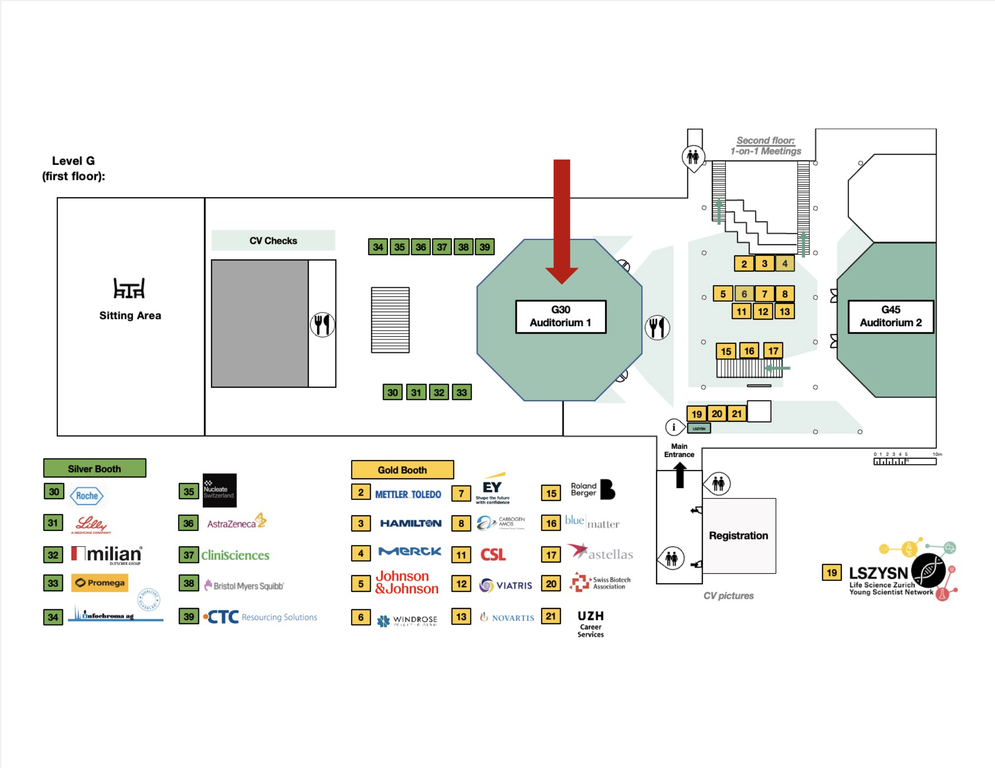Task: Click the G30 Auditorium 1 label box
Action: (560, 316)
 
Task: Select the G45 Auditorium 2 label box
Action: (890, 316)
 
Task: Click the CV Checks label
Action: (273, 240)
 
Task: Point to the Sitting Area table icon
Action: (129, 288)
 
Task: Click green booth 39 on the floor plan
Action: (484, 247)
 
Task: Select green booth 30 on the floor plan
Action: (392, 392)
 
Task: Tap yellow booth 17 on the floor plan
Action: (773, 350)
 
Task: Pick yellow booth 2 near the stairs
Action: (743, 263)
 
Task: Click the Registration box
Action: (738, 536)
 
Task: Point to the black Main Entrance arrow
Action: (680, 475)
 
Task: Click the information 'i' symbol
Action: (673, 427)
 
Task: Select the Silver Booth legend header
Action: (94, 468)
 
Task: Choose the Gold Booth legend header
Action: (402, 469)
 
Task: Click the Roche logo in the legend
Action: (87, 496)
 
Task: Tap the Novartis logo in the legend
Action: (506, 617)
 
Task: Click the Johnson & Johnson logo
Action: (406, 582)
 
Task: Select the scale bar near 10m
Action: (904, 461)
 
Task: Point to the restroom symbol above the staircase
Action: (693, 157)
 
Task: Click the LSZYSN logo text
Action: (878, 573)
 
